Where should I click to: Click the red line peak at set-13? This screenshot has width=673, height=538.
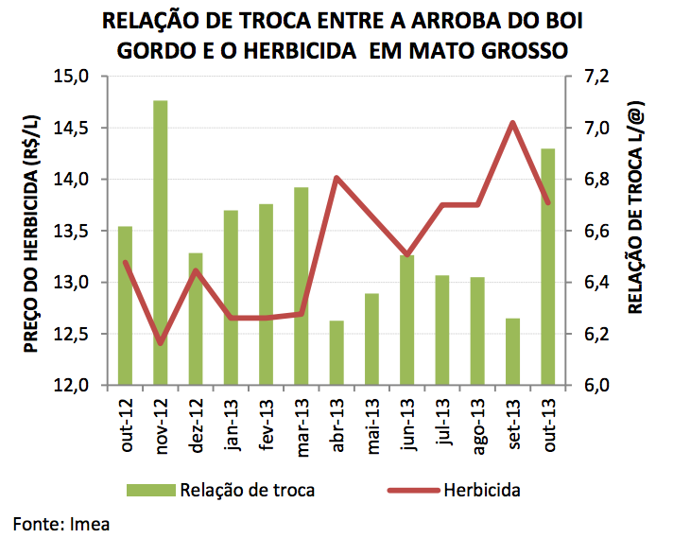click(511, 123)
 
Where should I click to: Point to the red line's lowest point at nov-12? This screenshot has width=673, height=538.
click(160, 342)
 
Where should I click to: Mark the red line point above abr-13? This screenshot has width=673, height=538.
click(336, 178)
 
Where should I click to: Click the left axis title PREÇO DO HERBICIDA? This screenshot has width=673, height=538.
click(30, 232)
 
